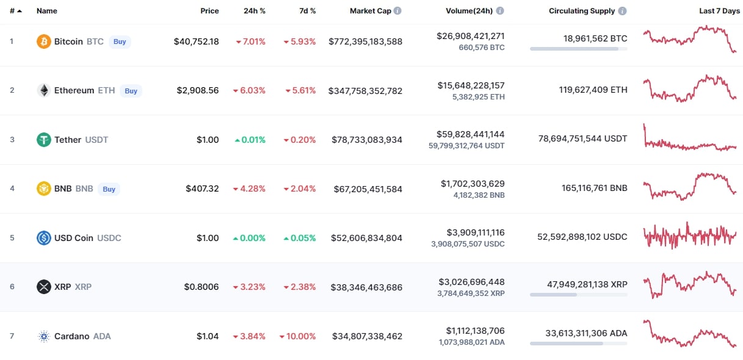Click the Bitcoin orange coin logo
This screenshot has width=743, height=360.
[x=44, y=41]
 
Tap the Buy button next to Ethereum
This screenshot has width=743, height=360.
[x=131, y=91]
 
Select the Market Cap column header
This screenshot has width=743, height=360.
[x=370, y=11]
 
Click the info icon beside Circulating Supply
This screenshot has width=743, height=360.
[x=622, y=11]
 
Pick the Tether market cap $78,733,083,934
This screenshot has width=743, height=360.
[x=366, y=140]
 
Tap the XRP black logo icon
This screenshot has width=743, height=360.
[x=44, y=287]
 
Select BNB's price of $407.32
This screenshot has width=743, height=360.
[x=202, y=189]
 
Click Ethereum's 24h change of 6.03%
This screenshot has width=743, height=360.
[x=249, y=90]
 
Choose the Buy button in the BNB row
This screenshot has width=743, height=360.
[x=109, y=189]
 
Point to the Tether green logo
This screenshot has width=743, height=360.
[x=44, y=140]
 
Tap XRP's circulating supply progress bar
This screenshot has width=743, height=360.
[x=578, y=295]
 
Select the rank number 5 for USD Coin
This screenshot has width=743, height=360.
[x=12, y=238]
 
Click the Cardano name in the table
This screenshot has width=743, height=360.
[x=71, y=336]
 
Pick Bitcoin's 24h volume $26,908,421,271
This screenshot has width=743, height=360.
[x=470, y=36]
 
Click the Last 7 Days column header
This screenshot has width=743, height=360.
[x=719, y=11]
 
